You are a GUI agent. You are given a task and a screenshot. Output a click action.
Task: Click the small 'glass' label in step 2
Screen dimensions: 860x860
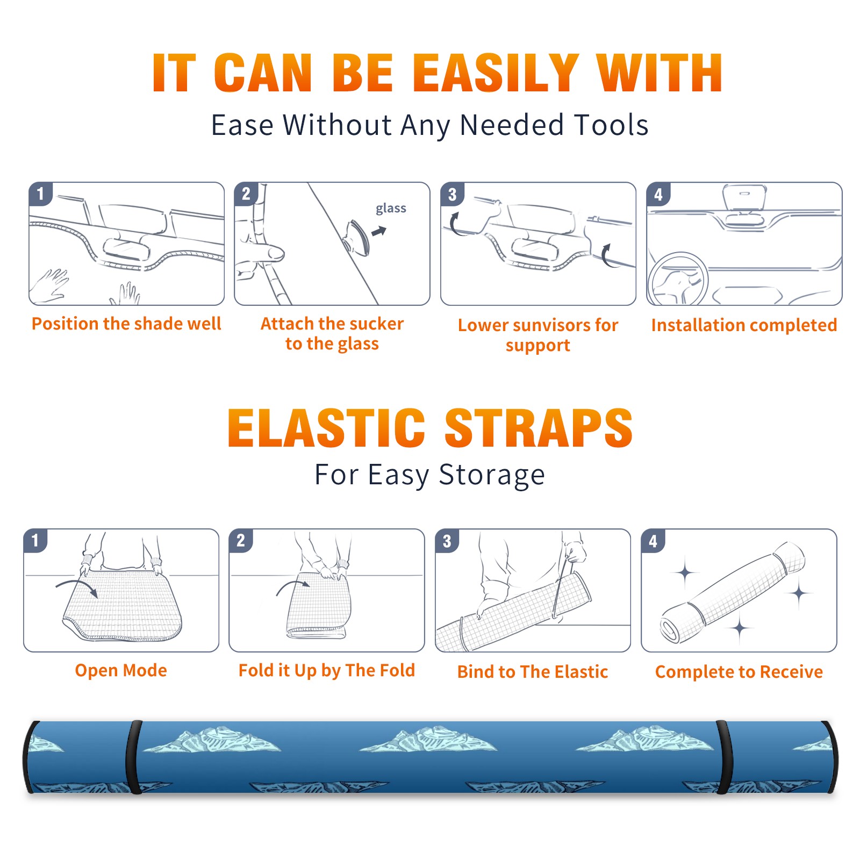[391, 209]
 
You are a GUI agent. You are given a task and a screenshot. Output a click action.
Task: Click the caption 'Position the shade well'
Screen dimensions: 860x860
[126, 324]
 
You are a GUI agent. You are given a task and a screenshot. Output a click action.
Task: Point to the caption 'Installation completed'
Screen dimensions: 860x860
[744, 325]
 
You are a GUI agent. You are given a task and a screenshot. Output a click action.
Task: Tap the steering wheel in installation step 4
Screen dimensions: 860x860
[678, 279]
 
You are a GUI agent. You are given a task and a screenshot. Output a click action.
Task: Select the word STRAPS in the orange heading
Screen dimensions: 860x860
[539, 428]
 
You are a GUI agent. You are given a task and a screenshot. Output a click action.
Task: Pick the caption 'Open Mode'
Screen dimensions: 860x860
[121, 670]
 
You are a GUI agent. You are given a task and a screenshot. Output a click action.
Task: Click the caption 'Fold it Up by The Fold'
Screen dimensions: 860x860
[327, 671]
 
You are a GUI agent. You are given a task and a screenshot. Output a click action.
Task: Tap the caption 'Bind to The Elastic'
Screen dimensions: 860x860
[533, 672]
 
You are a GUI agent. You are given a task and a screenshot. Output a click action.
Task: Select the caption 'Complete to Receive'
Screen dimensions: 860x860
[739, 672]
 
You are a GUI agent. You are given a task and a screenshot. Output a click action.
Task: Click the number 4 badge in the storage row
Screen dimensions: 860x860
[653, 541]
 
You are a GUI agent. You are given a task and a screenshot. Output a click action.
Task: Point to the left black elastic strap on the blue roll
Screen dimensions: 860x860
[133, 757]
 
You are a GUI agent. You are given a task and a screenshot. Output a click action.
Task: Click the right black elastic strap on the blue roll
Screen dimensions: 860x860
[724, 757]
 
